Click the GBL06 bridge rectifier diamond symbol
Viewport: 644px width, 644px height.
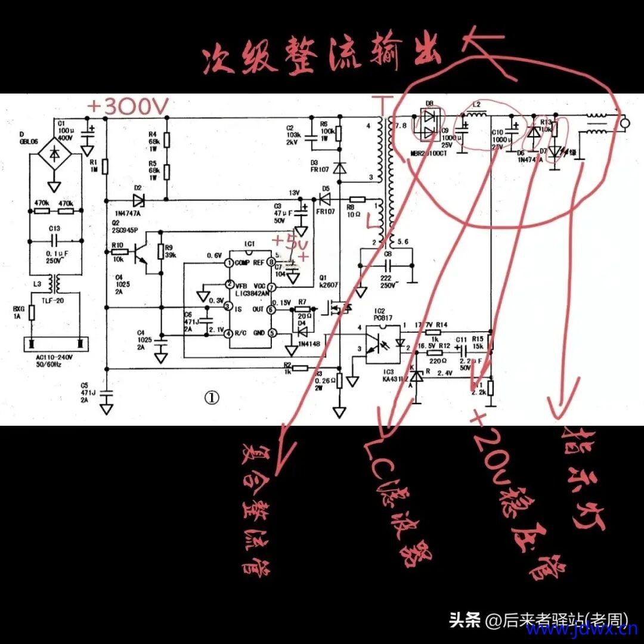[54, 154]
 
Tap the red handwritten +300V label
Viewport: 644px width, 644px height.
[128, 107]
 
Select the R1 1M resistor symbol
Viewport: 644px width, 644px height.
[105, 166]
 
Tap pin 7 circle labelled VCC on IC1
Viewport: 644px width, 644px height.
[271, 286]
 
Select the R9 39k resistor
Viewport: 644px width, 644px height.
[160, 252]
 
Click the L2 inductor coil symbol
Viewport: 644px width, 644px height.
[477, 114]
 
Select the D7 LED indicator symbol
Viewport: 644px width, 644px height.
[556, 152]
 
